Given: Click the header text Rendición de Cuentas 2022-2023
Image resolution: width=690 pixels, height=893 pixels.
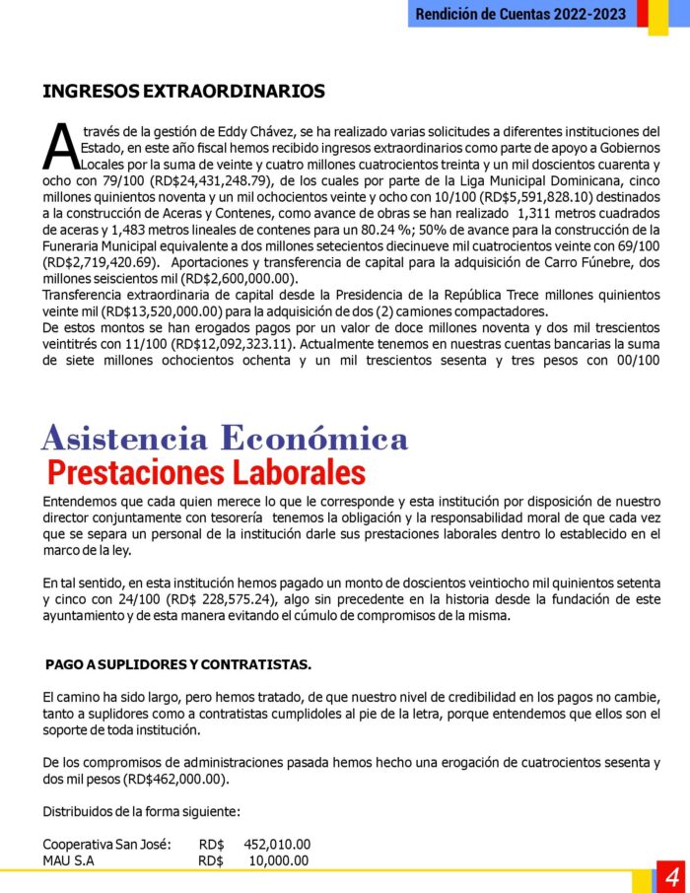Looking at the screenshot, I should pyautogui.click(x=521, y=14).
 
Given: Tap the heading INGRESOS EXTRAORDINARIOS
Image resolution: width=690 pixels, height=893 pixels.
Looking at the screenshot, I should pyautogui.click(x=183, y=92).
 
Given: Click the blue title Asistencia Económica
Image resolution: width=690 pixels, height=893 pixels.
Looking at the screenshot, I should pyautogui.click(x=225, y=438).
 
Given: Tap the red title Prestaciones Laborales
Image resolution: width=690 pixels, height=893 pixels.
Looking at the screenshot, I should pyautogui.click(x=206, y=472).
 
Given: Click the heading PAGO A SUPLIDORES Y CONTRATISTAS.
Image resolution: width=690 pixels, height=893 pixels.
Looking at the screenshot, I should pyautogui.click(x=178, y=664).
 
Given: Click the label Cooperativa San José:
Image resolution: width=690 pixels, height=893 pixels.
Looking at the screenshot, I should pyautogui.click(x=107, y=844).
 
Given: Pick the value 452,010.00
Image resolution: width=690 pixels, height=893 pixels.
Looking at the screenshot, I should pyautogui.click(x=277, y=844).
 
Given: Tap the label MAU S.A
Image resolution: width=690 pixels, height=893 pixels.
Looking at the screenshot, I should pyautogui.click(x=68, y=860).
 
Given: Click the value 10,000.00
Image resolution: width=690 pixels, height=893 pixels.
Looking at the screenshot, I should pyautogui.click(x=279, y=860).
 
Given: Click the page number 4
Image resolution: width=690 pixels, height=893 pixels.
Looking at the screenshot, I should pyautogui.click(x=672, y=876).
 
